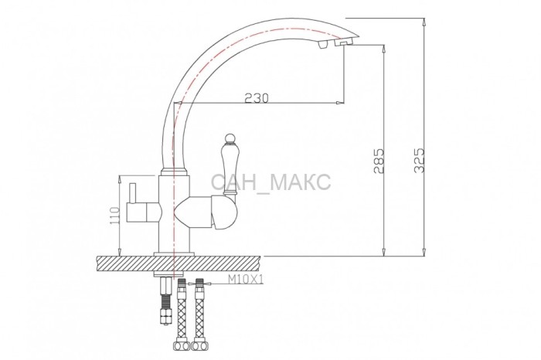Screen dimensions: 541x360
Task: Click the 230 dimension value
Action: [x=256, y=98]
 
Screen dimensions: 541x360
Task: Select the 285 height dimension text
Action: [x=379, y=161]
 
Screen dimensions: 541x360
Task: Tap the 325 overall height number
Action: [x=419, y=161]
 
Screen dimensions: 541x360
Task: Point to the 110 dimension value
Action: [x=115, y=216]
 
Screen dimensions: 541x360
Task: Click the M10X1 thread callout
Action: [x=246, y=280]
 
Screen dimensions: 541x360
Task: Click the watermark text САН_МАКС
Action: [x=270, y=182]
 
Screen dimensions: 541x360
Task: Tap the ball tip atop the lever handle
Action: [x=228, y=138]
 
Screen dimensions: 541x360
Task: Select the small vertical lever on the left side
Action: [x=133, y=194]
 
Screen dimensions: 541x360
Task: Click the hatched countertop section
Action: [x=179, y=263]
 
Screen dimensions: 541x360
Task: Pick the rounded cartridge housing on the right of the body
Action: [x=224, y=212]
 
